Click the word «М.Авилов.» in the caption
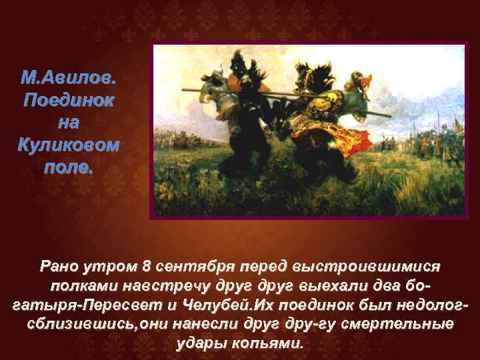click(x=69, y=80)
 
